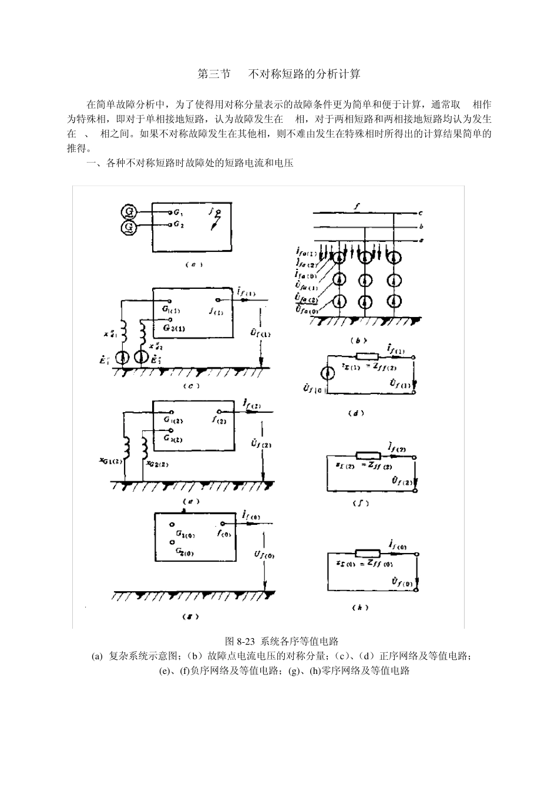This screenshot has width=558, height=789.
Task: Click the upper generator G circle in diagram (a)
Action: [128, 212]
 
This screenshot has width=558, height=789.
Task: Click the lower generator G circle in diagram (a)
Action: [128, 226]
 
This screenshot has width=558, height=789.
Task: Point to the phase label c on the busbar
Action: [421, 213]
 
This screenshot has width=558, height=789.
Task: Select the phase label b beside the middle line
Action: [421, 227]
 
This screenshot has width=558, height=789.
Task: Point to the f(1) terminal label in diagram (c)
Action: [216, 312]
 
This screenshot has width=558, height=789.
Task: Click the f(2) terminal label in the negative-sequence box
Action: [224, 420]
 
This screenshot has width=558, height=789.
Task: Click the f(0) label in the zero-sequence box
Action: [224, 534]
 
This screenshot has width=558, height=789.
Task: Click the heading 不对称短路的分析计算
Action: [304, 74]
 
